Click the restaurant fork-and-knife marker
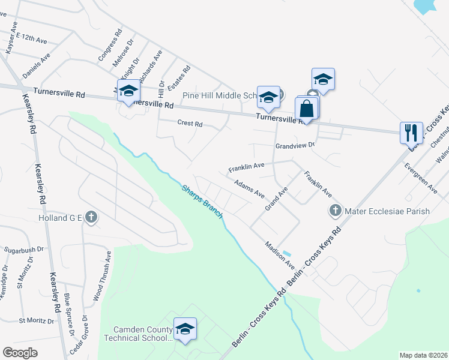[x=411, y=132]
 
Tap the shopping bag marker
[x=306, y=110]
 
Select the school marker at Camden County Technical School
[x=185, y=329]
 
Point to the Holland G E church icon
[x=91, y=217]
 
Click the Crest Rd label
[x=190, y=124]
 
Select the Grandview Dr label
[x=295, y=146]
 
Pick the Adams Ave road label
[x=249, y=190]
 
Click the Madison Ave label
[x=281, y=255]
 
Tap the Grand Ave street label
[x=277, y=198]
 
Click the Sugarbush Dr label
[x=25, y=248]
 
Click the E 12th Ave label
[x=32, y=38]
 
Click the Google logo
[x=20, y=353]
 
